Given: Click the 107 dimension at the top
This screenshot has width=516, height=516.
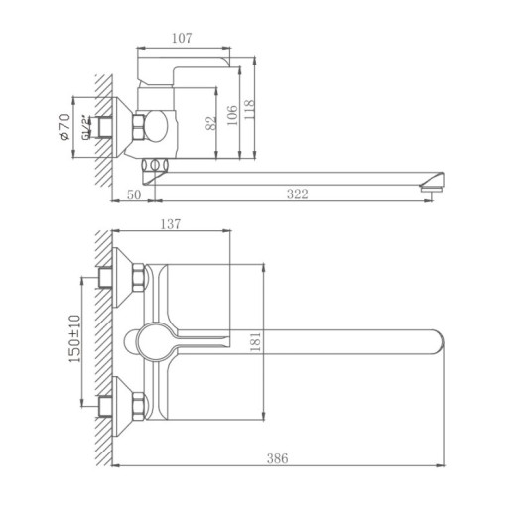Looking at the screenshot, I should (x=181, y=39).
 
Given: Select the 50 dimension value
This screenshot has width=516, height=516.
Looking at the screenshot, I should (x=133, y=194).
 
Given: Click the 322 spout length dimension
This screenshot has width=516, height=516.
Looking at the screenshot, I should (x=297, y=194).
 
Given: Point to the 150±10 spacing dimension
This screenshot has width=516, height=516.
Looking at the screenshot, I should (x=73, y=339).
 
